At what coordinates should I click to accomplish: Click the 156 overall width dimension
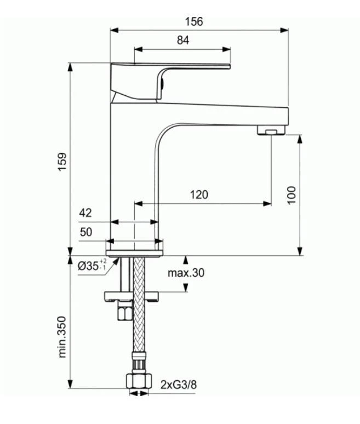(x=193, y=21)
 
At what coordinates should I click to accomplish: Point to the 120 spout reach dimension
(x=199, y=194)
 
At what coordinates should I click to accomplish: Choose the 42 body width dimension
(x=85, y=213)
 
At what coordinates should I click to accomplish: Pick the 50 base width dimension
(x=86, y=232)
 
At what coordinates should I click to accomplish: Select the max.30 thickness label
(x=186, y=273)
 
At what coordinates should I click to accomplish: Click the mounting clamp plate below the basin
(x=132, y=297)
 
